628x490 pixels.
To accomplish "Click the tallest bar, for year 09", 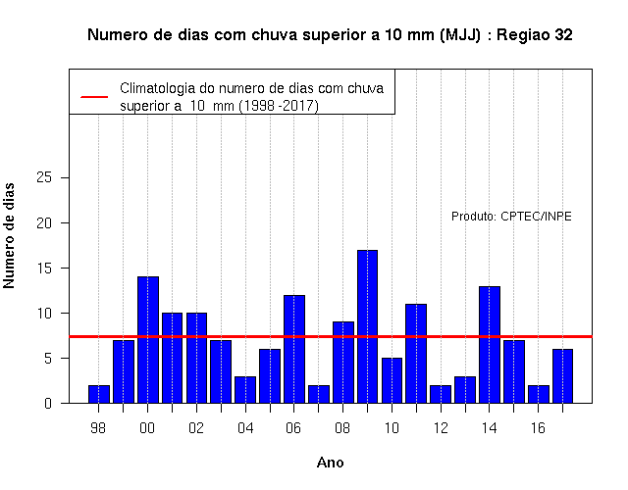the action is click(x=367, y=326).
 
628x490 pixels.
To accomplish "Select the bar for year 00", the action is click(x=148, y=340).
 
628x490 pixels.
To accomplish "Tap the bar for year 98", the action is click(x=99, y=394).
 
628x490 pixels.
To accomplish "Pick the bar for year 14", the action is click(x=490, y=344).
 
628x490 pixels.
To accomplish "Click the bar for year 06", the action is click(x=294, y=349).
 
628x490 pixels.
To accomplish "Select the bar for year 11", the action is click(x=416, y=354).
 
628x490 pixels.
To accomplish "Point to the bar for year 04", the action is click(x=245, y=390).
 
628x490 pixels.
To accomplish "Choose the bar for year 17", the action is click(x=562, y=376).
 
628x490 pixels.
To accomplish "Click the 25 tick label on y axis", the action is click(x=44, y=177).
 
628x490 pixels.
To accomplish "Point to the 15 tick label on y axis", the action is click(x=44, y=268).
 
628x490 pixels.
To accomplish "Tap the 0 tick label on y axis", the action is click(x=48, y=403).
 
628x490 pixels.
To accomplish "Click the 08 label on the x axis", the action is click(x=342, y=428).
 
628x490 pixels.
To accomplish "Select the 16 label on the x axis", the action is click(x=538, y=428).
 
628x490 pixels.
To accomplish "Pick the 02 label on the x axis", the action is click(x=196, y=428).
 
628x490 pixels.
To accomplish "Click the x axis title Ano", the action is click(x=330, y=463).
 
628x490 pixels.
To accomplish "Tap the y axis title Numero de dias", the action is click(x=9, y=236).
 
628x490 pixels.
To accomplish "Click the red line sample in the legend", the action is click(x=94, y=97).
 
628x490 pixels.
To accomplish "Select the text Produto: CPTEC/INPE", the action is click(x=511, y=217).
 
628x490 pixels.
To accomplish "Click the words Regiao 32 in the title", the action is click(x=535, y=35).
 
